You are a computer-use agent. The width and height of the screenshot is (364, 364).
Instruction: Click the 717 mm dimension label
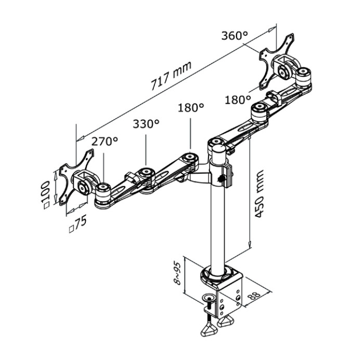pos(171,75)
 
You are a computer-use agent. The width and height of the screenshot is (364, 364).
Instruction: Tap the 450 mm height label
pos(259,194)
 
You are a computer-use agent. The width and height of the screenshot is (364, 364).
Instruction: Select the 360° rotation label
pos(235,36)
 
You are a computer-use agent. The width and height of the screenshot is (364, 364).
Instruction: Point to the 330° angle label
pos(146,124)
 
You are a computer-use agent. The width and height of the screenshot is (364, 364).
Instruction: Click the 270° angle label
pos(105,141)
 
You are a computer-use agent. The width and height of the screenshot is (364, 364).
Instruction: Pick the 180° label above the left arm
pos(191,108)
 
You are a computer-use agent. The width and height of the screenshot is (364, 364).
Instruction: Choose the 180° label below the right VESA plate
pos(238,100)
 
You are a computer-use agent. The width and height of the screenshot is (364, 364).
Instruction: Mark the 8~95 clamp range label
pos(177,274)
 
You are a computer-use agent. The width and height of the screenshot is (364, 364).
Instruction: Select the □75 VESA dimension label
pos(78,224)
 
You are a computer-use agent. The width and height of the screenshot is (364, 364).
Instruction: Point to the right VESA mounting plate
pos(276,62)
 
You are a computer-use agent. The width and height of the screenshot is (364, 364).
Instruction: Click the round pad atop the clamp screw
pos(208,298)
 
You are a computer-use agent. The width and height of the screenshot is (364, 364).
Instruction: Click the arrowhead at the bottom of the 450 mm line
pos(250,245)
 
